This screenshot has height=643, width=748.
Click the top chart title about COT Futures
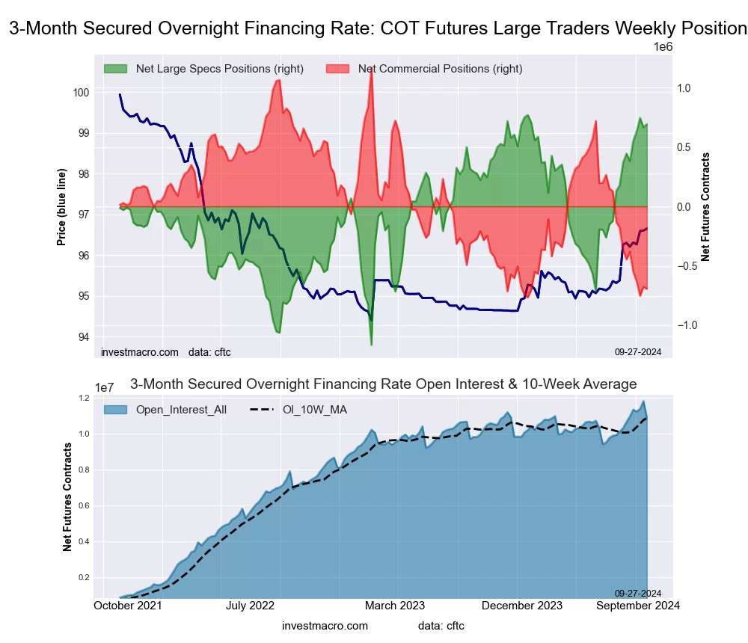(378, 29)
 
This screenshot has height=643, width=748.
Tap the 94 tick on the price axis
(83, 337)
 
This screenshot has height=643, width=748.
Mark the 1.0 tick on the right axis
(684, 88)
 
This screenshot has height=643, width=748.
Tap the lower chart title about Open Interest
(383, 384)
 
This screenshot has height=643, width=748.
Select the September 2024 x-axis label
(637, 606)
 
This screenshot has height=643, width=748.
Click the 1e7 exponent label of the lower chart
(106, 387)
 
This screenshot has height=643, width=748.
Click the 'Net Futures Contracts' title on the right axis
(705, 206)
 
